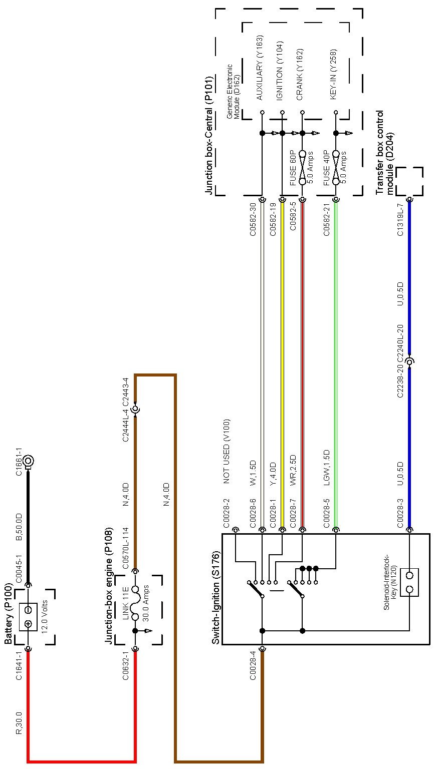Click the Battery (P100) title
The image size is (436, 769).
click(x=9, y=614)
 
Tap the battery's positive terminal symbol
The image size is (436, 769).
click(x=29, y=624)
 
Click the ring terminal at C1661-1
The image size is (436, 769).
click(x=29, y=461)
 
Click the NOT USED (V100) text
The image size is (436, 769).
click(x=226, y=451)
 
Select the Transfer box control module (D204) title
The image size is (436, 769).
click(x=384, y=153)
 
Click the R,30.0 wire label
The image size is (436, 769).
click(x=19, y=723)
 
